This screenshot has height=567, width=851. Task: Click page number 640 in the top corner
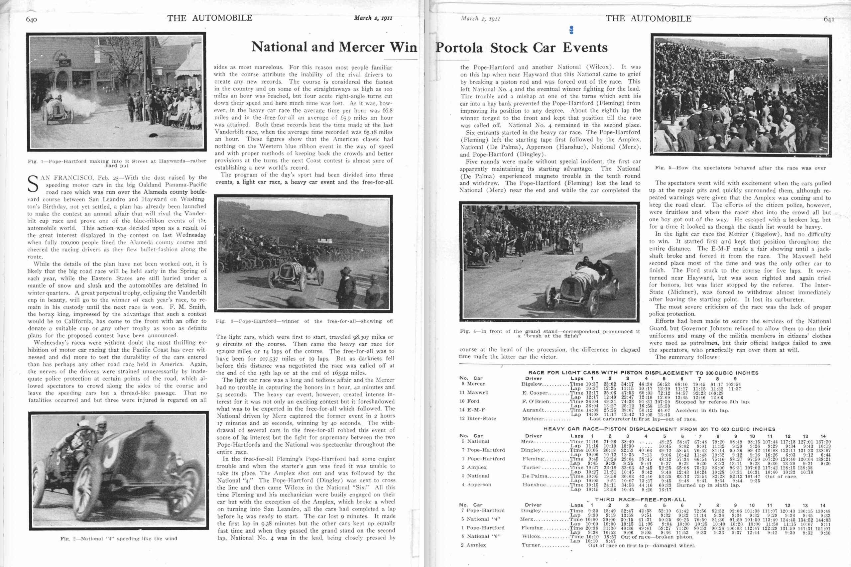(32, 20)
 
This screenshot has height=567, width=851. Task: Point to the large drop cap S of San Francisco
(33, 184)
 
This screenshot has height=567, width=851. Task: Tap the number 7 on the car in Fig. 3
(286, 271)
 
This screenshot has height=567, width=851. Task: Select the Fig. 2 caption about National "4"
(119, 538)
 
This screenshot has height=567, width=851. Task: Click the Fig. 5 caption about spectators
(740, 168)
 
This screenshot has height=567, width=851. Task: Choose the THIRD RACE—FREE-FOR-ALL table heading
(640, 500)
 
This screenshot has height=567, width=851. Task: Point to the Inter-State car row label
(478, 418)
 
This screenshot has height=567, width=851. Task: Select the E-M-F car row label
(472, 410)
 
